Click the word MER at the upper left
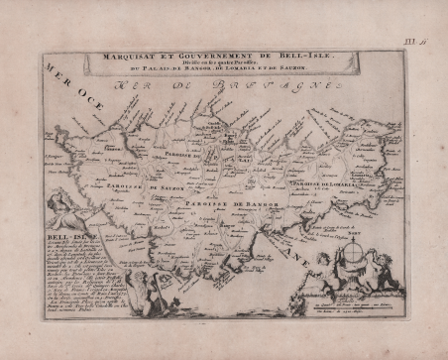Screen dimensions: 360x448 [56, 70]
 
